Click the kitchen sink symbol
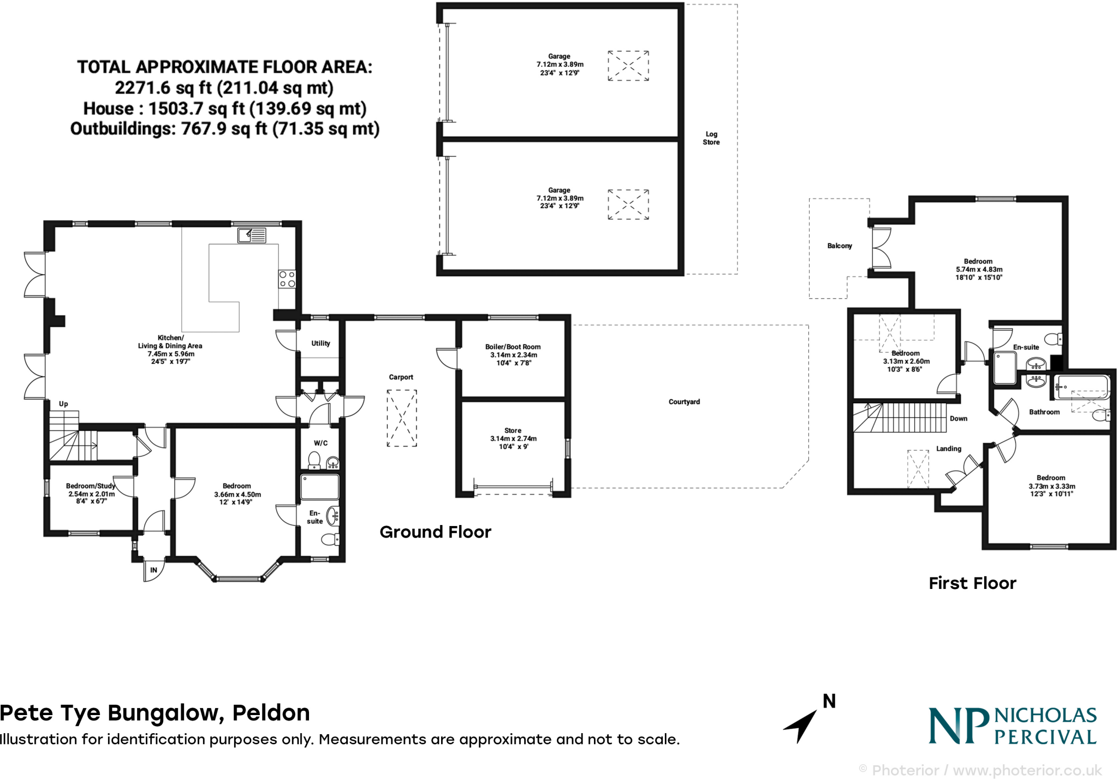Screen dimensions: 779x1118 [x=252, y=235]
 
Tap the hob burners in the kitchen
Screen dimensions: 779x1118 [x=287, y=279]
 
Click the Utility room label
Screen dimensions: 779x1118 [x=320, y=344]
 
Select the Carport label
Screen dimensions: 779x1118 [x=401, y=377]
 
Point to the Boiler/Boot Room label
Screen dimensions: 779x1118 [x=513, y=347]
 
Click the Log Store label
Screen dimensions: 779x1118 [x=711, y=138]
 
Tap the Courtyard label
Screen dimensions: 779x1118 [x=684, y=402]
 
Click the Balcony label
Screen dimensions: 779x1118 [x=839, y=246]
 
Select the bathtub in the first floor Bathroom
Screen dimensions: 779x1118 [x=1082, y=386]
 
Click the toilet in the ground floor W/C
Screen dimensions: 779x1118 [x=314, y=461]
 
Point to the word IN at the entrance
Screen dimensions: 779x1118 [x=154, y=570]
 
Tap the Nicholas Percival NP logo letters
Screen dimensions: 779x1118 [x=959, y=726]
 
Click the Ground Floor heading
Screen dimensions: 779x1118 [x=435, y=532]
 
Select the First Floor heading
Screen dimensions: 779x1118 [x=972, y=583]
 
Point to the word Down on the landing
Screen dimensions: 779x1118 [x=958, y=419]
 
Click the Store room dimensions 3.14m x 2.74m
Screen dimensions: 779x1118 [x=513, y=439]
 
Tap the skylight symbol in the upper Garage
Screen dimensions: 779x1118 [x=628, y=66]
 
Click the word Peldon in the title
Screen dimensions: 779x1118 [x=271, y=713]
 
